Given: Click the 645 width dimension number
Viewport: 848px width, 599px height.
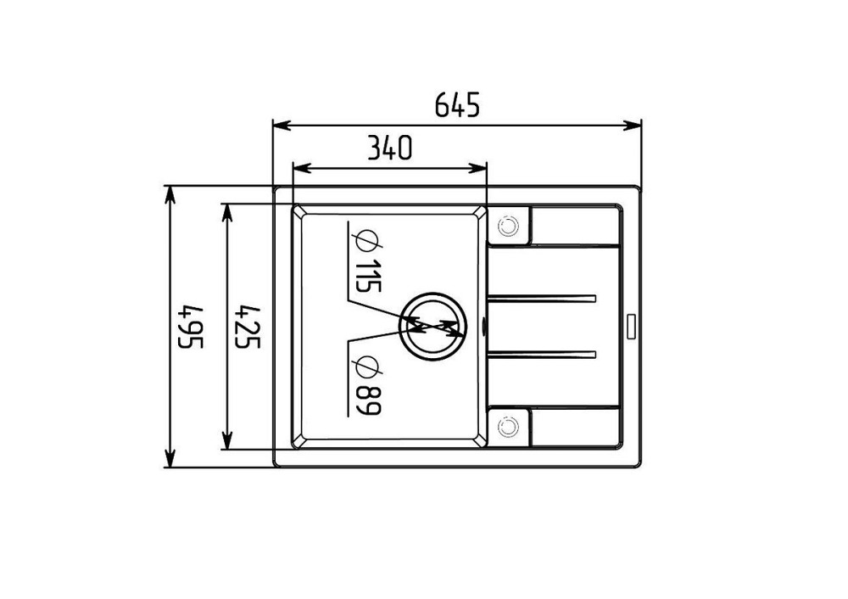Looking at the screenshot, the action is click(x=458, y=104).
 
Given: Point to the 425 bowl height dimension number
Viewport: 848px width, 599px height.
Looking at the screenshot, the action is click(x=249, y=327).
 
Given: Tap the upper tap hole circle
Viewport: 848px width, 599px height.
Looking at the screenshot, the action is click(x=508, y=227).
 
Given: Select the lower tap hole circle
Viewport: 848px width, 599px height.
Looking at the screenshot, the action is click(x=508, y=427).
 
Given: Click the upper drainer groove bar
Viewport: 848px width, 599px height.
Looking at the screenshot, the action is click(x=541, y=299).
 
